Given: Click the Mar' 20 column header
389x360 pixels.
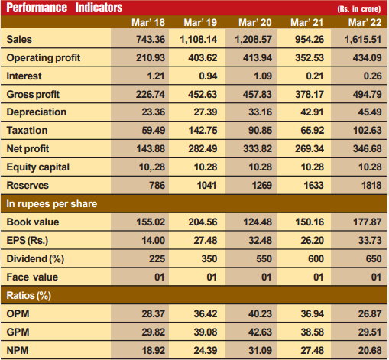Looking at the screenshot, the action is [255, 22].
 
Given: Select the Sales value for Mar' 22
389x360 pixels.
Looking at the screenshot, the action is [363, 40].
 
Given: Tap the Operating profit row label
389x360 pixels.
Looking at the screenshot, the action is [44, 58].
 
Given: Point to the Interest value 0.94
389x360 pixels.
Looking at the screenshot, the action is [208, 76].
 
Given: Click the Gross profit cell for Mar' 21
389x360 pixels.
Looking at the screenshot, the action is [310, 94].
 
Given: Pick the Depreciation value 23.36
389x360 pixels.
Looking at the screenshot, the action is [154, 112].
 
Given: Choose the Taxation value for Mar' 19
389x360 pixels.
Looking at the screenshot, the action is [203, 130].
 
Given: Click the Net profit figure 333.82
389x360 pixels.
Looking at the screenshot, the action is [258, 148].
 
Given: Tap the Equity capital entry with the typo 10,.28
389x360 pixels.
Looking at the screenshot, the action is [152, 167].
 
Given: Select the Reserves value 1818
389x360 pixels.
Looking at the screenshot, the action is [371, 185].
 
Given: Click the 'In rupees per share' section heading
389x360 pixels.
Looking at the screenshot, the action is [52, 204].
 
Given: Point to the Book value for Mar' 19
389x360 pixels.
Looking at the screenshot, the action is [203, 222].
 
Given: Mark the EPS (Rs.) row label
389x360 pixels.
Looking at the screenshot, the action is [28, 241].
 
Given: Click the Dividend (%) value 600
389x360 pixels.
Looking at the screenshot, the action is [316, 258].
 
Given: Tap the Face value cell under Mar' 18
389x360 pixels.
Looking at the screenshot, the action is [160, 277].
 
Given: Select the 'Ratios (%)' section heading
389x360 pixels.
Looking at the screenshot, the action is [28, 296].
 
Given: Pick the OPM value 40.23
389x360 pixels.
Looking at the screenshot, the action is [260, 313].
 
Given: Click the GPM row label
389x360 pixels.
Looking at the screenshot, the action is [18, 332].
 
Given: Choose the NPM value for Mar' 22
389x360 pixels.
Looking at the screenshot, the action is [370, 350].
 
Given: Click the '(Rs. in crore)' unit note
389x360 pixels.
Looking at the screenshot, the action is [359, 9].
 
